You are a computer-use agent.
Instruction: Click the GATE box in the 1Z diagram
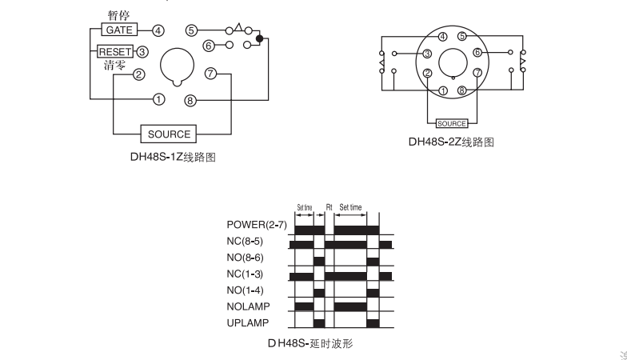point(120,30)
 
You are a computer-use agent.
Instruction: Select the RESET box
point(115,51)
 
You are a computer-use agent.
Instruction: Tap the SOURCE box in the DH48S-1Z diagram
point(169,134)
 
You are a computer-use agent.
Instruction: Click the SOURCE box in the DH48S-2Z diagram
point(452,123)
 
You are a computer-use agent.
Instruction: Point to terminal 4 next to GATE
point(158,30)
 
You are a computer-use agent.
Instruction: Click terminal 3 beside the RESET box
point(142,51)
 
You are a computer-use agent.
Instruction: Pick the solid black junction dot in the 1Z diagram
point(259,38)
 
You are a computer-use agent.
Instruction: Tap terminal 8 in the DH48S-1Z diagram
point(190,101)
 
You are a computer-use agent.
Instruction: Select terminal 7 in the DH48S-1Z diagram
point(211,74)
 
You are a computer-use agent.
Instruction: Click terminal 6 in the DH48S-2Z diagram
point(477,53)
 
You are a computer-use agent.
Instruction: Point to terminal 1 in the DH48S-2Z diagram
point(443,91)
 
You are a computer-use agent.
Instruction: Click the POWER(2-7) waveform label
point(257,225)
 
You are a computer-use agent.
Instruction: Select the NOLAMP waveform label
point(248,306)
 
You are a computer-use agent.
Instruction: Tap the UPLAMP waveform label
point(248,323)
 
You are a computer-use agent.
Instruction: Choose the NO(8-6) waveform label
point(245,258)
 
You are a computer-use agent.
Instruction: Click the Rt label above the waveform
point(329,207)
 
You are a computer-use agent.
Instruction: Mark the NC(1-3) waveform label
point(245,274)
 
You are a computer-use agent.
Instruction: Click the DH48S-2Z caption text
point(451,142)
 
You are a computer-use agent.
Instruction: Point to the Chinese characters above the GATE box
point(118,15)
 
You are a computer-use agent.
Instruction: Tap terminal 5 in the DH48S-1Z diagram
point(192,30)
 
